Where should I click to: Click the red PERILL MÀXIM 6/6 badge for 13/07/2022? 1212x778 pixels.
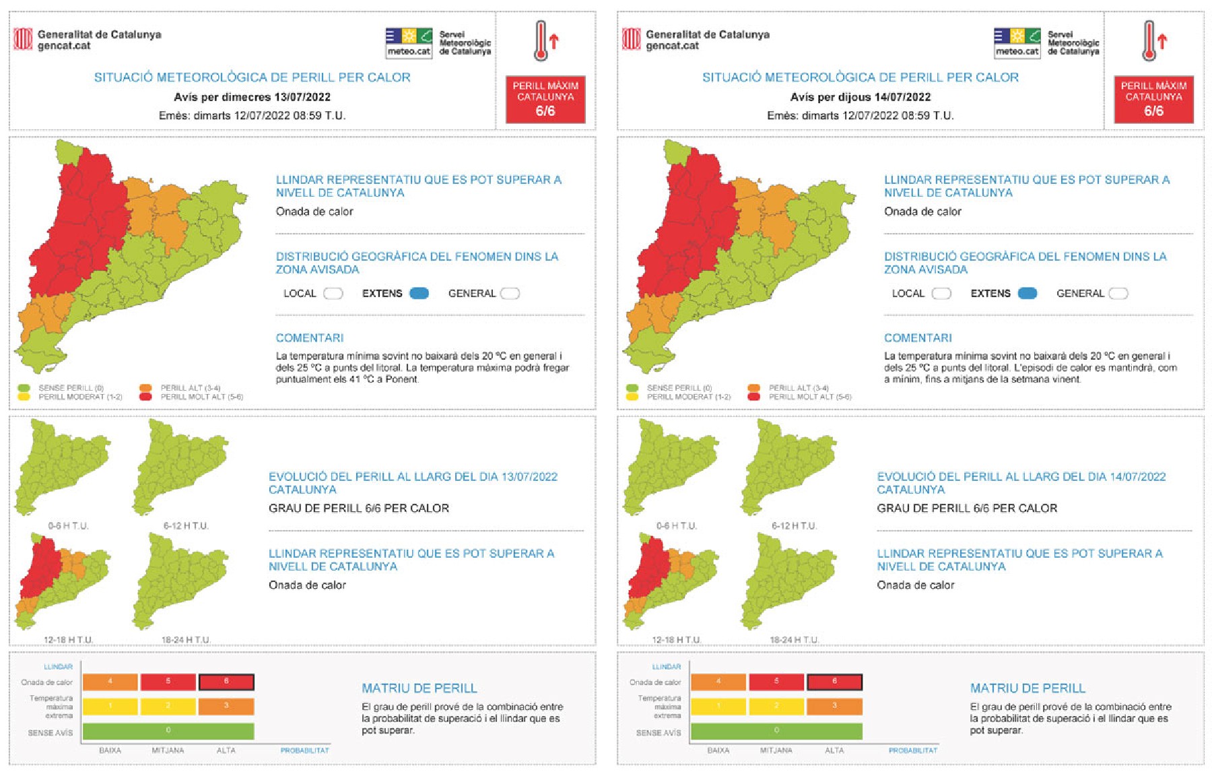click(x=545, y=99)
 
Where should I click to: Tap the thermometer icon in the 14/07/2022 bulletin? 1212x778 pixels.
click(x=1150, y=41)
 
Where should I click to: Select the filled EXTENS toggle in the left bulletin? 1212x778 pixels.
click(x=419, y=293)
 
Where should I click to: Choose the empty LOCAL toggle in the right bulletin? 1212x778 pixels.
click(x=941, y=293)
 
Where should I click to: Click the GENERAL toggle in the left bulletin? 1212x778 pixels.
click(x=510, y=293)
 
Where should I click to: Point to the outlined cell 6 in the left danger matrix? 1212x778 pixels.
click(x=226, y=682)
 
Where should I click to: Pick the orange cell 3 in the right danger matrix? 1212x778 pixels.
click(x=834, y=706)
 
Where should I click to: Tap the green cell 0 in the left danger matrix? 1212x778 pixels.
click(x=168, y=731)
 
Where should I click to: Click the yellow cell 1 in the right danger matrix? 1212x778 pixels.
click(x=718, y=706)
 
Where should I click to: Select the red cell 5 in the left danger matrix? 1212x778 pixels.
click(x=168, y=682)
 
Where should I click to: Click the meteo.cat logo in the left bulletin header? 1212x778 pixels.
click(x=409, y=42)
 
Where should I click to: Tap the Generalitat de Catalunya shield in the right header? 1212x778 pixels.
click(x=631, y=39)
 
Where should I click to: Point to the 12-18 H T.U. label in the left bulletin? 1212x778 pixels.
click(x=69, y=639)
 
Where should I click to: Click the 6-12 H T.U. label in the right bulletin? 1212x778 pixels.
click(x=795, y=525)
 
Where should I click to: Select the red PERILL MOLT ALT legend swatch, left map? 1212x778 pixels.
click(x=145, y=397)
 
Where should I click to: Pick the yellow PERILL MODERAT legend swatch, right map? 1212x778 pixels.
click(x=632, y=397)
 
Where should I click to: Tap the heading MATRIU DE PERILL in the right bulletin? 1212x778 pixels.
click(x=1028, y=688)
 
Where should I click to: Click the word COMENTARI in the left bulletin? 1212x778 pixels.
click(x=310, y=337)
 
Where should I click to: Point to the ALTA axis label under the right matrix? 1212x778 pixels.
click(x=834, y=750)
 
